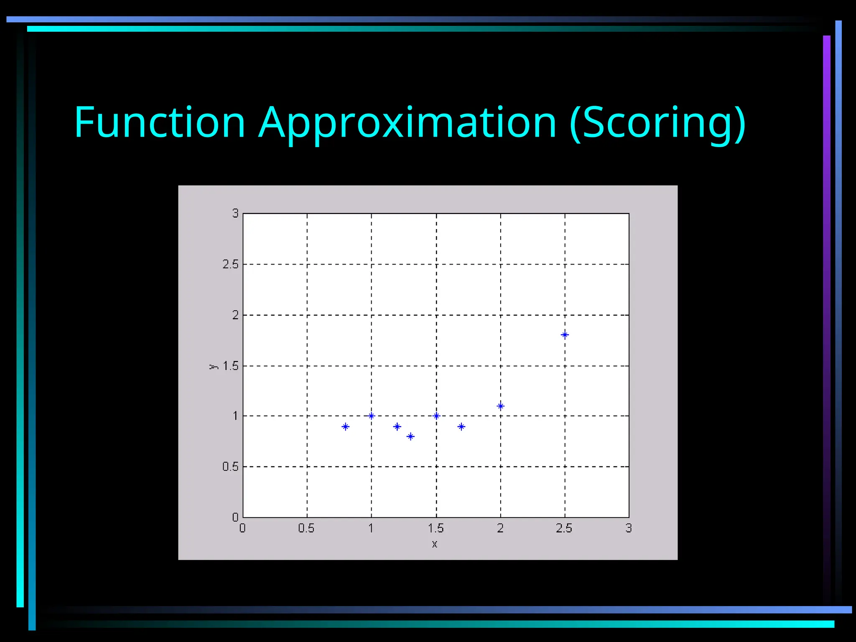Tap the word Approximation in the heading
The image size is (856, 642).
click(x=408, y=123)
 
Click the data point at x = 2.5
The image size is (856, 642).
click(x=565, y=335)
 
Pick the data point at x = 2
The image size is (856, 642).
click(x=501, y=406)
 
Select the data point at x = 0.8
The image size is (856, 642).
click(x=345, y=427)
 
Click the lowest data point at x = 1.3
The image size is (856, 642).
click(x=410, y=436)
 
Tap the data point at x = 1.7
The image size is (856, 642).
click(x=461, y=427)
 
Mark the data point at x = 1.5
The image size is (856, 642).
click(x=436, y=416)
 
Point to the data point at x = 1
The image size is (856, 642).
click(x=371, y=416)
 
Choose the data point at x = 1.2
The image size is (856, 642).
click(x=397, y=427)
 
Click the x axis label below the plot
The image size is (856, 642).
click(x=435, y=544)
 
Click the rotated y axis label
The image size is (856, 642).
click(x=213, y=367)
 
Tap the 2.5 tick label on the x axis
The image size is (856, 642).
click(x=564, y=528)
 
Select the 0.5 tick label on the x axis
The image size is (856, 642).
click(x=306, y=528)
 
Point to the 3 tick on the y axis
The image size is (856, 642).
click(x=235, y=213)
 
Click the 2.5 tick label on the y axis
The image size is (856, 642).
click(x=230, y=264)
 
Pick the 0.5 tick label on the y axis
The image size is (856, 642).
click(x=230, y=466)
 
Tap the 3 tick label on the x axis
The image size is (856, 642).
click(x=628, y=528)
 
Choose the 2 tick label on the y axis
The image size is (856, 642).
click(x=235, y=315)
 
